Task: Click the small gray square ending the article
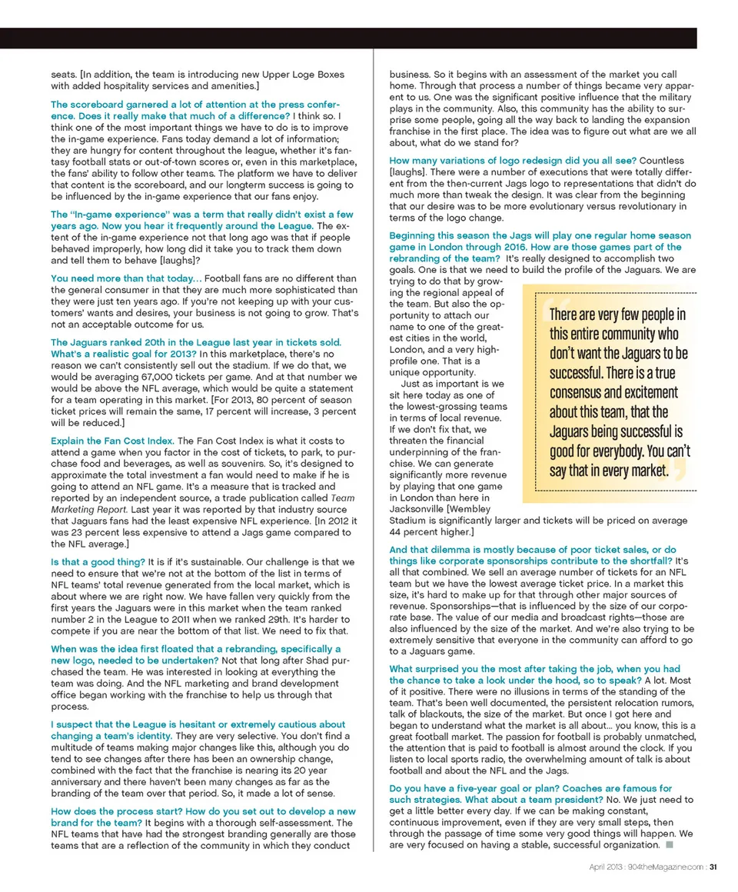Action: (x=669, y=844)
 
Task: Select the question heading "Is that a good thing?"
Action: (x=98, y=562)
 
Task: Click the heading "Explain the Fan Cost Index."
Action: (x=112, y=441)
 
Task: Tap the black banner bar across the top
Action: (x=369, y=38)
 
